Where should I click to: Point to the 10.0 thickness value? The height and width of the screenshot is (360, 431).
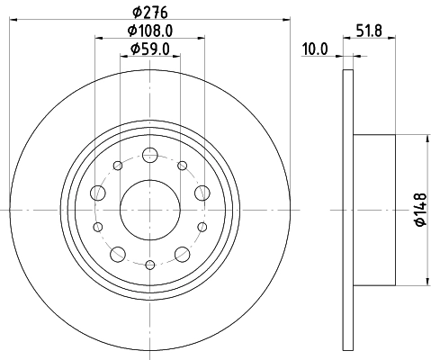tap(314, 49)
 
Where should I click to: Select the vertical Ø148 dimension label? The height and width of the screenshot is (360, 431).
tap(418, 211)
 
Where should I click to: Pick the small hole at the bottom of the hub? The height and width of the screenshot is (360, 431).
tap(149, 263)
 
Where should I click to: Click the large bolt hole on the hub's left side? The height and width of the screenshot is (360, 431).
tap(98, 192)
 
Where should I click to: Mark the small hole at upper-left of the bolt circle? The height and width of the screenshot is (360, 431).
tap(117, 166)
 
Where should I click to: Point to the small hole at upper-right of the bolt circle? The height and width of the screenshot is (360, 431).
tap(183, 166)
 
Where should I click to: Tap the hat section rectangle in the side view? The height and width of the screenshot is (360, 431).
tap(373, 211)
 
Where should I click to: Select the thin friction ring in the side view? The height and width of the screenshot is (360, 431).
tap(348, 211)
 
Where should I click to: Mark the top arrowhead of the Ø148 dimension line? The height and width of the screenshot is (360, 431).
tap(425, 138)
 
